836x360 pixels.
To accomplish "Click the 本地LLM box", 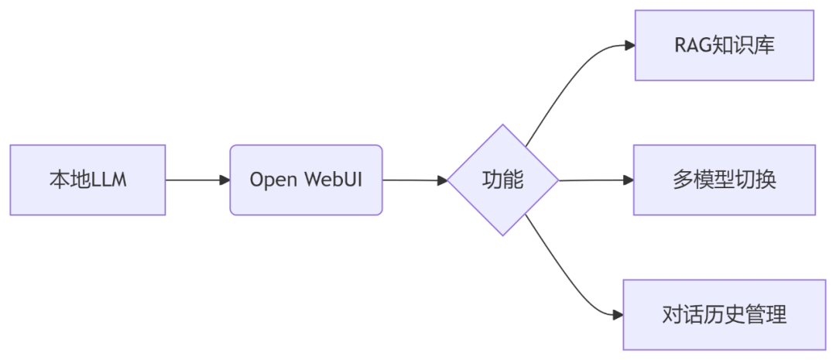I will point(87,180).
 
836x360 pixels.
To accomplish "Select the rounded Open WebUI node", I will point(306,180).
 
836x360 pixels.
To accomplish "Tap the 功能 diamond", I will point(503,180).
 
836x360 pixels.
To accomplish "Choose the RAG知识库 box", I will point(724,45).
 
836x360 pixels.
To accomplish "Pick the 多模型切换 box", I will point(724,180).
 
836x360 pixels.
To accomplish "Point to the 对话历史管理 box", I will point(724,314).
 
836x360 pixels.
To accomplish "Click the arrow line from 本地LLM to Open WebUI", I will point(194,180).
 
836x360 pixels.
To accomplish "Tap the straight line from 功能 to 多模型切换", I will point(592,180).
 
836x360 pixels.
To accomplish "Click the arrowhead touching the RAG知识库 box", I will point(629,45).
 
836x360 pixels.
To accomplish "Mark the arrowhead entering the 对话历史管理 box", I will point(617,314).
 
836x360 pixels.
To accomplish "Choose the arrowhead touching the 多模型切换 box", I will point(628,180).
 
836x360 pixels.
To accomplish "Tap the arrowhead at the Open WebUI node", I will point(224,180).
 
